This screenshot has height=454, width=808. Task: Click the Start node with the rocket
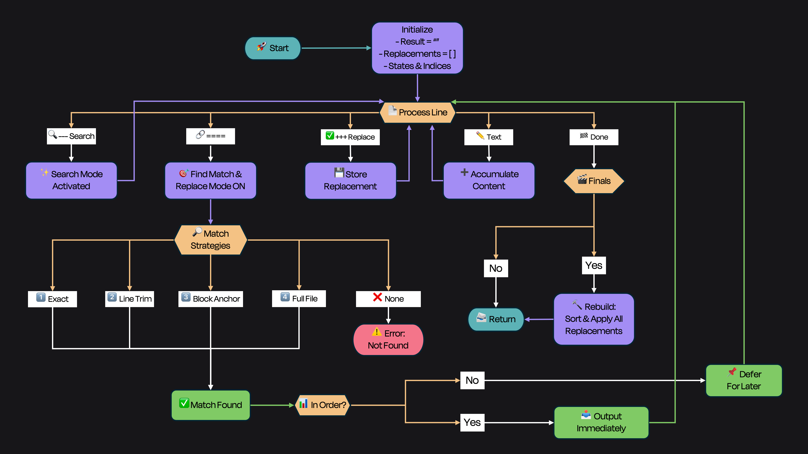[x=272, y=48]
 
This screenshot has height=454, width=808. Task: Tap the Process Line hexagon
[x=417, y=112]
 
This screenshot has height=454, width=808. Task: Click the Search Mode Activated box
[x=72, y=180]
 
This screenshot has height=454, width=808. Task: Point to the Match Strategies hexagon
[x=210, y=240]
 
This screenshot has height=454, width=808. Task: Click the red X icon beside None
[x=377, y=297]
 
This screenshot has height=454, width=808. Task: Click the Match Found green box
[x=210, y=405]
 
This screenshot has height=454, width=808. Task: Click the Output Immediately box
[x=601, y=422]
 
